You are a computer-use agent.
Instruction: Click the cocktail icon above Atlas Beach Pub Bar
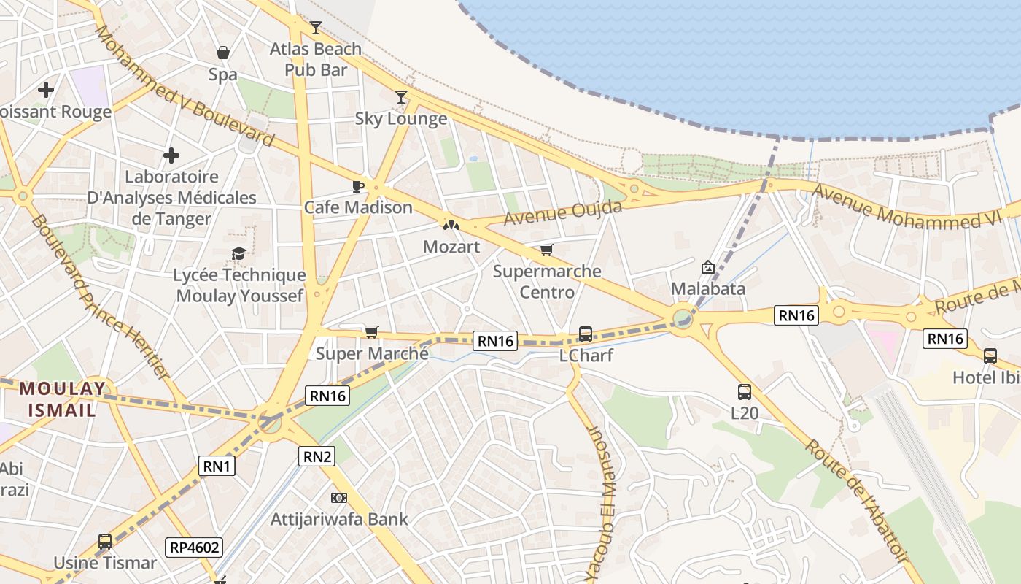pos(315,28)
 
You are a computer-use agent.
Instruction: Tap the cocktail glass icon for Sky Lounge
pos(400,96)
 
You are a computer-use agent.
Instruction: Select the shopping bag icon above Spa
pos(223,53)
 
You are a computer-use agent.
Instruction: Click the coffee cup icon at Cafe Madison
pos(357,186)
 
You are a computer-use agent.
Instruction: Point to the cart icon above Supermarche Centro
pos(547,250)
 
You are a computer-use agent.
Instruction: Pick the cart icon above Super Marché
pos(371,333)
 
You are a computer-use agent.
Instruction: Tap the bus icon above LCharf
pos(585,334)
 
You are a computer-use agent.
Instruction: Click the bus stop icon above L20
pos(744,392)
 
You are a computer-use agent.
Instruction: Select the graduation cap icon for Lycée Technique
pos(238,254)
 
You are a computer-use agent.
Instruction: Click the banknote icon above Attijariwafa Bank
pos(338,498)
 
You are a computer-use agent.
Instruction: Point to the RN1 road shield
pos(217,466)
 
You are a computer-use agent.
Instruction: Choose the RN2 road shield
pos(317,457)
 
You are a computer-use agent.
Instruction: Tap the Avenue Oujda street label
pos(563,212)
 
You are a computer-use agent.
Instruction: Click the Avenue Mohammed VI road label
pos(907,208)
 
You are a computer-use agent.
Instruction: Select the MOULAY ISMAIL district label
pos(62,399)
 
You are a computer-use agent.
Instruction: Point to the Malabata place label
pos(708,288)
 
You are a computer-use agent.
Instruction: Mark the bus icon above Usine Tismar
pos(105,542)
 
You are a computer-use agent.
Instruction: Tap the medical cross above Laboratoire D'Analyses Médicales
pos(171,155)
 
